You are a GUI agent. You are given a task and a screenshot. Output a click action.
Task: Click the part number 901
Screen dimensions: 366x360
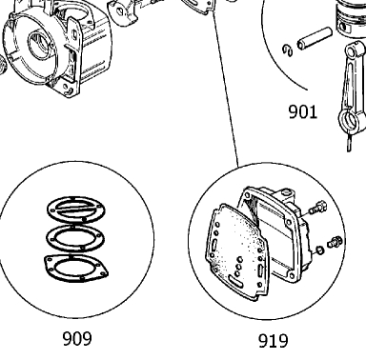point(303,112)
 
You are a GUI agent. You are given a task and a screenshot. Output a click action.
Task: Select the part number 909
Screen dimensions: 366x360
point(77,339)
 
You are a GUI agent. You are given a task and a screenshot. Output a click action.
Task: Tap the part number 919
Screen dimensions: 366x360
point(274,341)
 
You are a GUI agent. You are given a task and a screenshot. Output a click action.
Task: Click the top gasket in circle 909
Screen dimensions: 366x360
point(76,210)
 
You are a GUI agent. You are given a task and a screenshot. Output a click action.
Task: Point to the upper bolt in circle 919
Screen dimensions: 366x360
point(317,208)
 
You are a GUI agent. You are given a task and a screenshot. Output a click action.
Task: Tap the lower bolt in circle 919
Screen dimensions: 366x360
point(335,242)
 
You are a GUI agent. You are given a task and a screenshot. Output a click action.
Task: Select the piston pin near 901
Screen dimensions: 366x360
point(315,38)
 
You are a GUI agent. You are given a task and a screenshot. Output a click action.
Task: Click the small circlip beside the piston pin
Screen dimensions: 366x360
point(288,50)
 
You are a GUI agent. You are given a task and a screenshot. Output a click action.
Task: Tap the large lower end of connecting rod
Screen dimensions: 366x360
point(351,121)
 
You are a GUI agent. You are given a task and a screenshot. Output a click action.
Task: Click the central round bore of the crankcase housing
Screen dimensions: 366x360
point(41,45)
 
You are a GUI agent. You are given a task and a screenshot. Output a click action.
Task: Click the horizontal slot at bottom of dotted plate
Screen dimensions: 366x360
point(235,281)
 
